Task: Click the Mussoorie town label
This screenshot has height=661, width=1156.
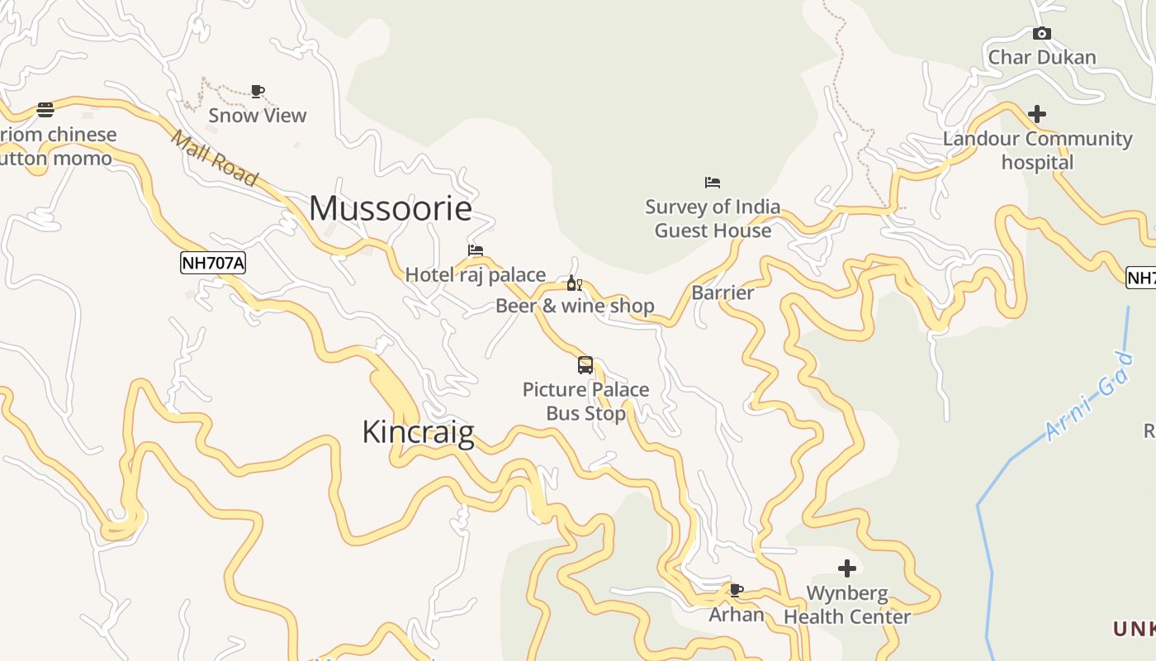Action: [x=391, y=208]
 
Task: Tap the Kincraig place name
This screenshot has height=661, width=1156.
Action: [x=418, y=431]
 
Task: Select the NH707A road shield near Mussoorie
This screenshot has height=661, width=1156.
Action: [x=213, y=264]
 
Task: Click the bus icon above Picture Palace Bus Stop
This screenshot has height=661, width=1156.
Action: [x=585, y=364]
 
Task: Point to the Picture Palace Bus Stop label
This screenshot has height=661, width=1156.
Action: [x=586, y=401]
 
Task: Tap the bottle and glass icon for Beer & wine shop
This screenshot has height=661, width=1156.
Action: [x=574, y=284]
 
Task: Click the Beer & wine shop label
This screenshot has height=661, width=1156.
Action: [x=575, y=307]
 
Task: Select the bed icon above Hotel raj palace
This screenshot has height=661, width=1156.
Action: [x=475, y=250]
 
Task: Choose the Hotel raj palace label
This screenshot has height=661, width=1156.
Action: [x=475, y=274]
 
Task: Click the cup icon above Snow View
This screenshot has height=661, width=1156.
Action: [x=258, y=91]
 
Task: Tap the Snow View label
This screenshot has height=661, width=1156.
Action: [x=258, y=116]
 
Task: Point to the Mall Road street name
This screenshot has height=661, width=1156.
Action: [x=214, y=157]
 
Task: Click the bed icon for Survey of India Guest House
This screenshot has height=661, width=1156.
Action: [x=713, y=183]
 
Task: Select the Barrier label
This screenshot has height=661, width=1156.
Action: [x=722, y=292]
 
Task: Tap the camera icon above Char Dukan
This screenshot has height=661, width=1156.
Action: [x=1042, y=34]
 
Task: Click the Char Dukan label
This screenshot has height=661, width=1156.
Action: [x=1042, y=58]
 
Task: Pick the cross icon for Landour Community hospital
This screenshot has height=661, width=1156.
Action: [x=1037, y=114]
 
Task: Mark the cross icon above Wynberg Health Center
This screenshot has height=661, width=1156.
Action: [x=847, y=568]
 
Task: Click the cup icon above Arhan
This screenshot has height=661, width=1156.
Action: [x=736, y=590]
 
